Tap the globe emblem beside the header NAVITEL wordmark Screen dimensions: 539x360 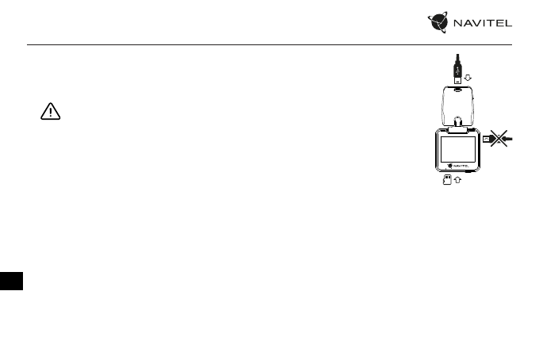[x=441, y=23]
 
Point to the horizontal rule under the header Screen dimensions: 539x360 [x=269, y=44]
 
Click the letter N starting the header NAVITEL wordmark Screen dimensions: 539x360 [x=458, y=24]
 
